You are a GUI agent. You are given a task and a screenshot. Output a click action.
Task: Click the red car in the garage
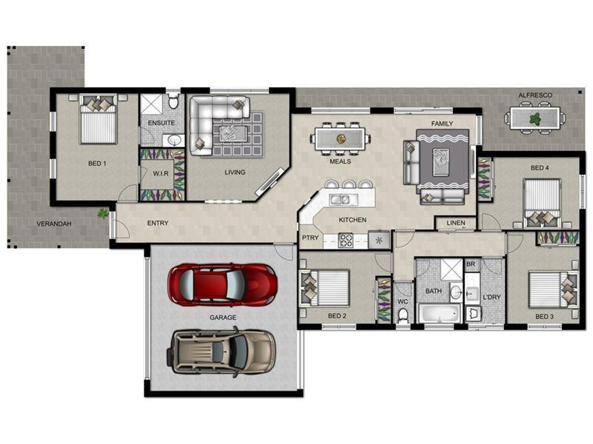point(222,283)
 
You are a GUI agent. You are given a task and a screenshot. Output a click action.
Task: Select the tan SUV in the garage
point(222,350)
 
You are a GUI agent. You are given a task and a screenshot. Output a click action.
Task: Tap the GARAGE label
point(222,317)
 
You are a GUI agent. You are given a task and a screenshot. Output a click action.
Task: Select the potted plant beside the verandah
point(102,213)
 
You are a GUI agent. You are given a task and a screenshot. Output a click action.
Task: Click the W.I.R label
point(162,174)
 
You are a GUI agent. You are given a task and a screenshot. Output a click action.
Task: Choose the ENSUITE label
point(161,123)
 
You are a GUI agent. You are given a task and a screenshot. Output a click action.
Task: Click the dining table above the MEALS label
point(341,138)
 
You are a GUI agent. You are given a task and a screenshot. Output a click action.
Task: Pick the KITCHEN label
point(352,220)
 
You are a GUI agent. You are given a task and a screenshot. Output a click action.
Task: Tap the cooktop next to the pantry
point(346,240)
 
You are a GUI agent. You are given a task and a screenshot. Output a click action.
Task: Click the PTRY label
point(310,238)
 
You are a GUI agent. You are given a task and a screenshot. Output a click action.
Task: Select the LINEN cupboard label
point(456,223)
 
